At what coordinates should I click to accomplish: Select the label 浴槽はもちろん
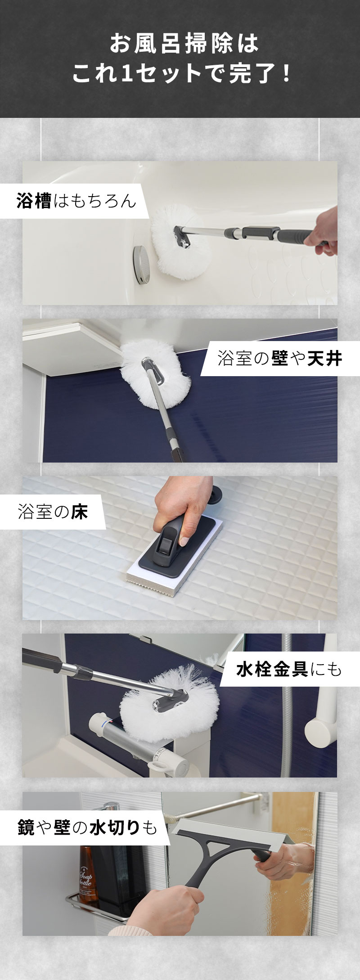tap(76, 201)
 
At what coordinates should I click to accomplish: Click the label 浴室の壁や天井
tap(279, 359)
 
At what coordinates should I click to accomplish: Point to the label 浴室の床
tap(53, 512)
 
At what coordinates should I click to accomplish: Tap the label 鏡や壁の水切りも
tap(87, 827)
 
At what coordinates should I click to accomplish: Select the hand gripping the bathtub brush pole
tap(322, 230)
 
